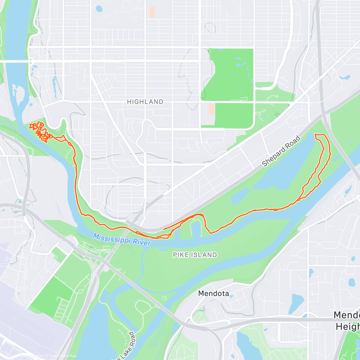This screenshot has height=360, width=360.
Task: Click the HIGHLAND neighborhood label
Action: [145, 102]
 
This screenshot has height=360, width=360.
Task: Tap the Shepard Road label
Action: [281, 151]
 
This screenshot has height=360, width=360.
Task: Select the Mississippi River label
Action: [121, 239]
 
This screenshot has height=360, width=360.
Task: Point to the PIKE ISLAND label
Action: [195, 255]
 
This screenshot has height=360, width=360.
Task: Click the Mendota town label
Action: [214, 293]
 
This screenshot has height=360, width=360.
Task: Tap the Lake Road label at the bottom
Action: [126, 345]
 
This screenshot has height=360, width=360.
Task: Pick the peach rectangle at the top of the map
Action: [152, 11]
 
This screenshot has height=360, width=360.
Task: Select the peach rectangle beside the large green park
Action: [211, 109]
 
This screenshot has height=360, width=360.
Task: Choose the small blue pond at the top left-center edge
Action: [99, 9]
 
